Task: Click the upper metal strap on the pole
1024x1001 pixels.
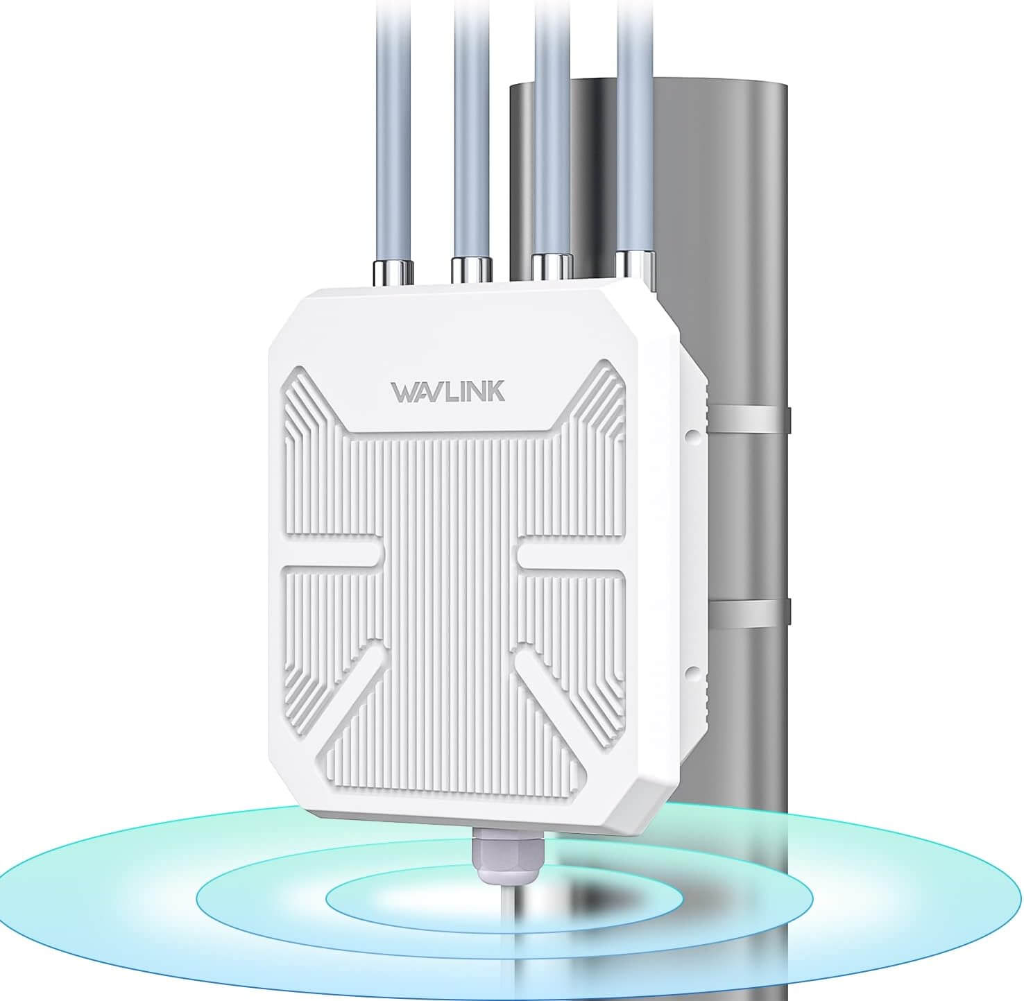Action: coord(749,418)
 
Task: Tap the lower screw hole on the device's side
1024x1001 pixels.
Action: coord(691,671)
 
